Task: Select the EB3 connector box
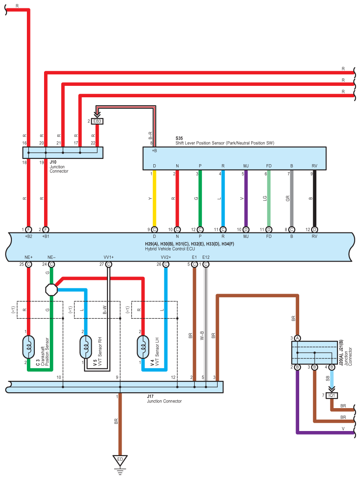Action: [x=97, y=121]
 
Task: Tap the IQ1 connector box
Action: [x=331, y=396]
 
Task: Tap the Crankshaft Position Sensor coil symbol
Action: [x=29, y=347]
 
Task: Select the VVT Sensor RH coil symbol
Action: [x=85, y=347]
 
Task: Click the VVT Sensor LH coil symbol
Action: [x=143, y=347]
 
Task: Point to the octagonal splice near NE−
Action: [x=52, y=290]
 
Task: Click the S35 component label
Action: [x=179, y=138]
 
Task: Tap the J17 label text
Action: [x=150, y=396]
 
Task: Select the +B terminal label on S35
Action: [x=155, y=151]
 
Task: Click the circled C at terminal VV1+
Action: [x=108, y=264]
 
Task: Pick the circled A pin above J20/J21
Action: [x=297, y=338]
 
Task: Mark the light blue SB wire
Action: [x=331, y=378]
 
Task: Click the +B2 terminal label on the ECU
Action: [x=29, y=236]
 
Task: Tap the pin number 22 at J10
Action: [x=93, y=143]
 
